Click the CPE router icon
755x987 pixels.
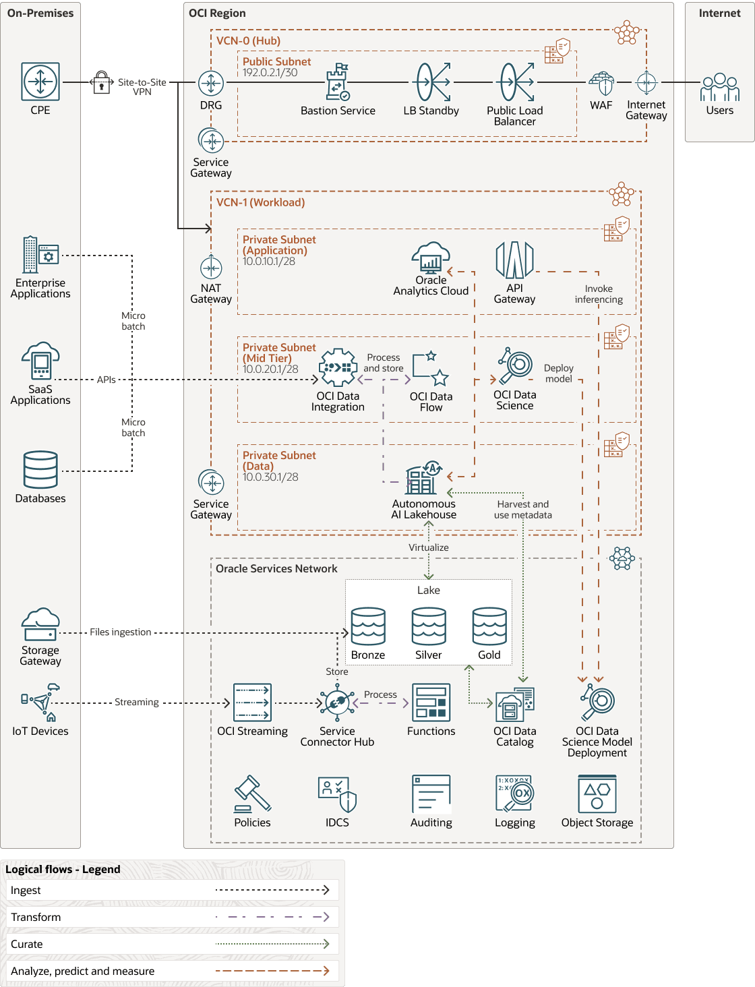pos(40,82)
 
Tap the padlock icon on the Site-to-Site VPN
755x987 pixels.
pos(102,82)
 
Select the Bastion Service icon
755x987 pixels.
pos(338,82)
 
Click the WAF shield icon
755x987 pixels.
pos(601,83)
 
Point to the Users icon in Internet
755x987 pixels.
pos(719,87)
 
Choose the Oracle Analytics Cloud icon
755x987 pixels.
pos(431,258)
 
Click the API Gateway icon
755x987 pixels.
pos(514,260)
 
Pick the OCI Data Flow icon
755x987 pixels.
pos(431,368)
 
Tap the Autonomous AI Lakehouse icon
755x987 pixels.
pos(424,477)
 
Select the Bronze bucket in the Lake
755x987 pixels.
pos(368,626)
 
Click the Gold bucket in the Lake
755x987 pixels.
pos(489,626)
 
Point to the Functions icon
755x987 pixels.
pos(431,702)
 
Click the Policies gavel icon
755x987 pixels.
pos(252,794)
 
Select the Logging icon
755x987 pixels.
pos(514,794)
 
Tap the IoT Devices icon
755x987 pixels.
pos(40,702)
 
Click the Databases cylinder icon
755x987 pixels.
pos(40,470)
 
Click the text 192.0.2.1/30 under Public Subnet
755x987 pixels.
pos(270,72)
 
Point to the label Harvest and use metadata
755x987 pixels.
pos(522,510)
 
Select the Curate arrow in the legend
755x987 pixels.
pos(272,943)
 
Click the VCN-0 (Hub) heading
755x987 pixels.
pos(248,41)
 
